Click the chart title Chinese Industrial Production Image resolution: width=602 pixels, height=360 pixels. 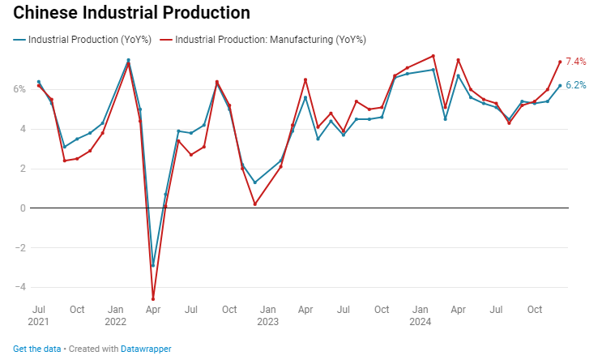131,13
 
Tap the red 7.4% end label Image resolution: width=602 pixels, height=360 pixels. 575,62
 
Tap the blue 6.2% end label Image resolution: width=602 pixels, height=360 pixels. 575,85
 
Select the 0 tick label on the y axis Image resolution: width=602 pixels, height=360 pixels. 23,208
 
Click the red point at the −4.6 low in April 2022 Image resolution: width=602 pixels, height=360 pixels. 153,299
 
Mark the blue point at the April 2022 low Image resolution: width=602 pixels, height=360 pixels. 153,265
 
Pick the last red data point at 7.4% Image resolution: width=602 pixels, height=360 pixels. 560,62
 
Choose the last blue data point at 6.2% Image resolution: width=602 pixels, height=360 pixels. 560,85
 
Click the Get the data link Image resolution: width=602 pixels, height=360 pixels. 37,349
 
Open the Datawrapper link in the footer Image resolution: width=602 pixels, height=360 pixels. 146,349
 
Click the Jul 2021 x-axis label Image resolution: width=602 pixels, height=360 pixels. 38,315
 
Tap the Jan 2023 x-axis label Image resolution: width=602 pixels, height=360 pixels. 268,315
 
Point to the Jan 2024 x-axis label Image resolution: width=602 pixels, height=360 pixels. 421,315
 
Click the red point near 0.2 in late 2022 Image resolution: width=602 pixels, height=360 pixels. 254,204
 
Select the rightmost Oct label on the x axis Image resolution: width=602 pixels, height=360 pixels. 535,309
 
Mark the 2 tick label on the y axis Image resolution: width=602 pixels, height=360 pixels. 23,169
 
